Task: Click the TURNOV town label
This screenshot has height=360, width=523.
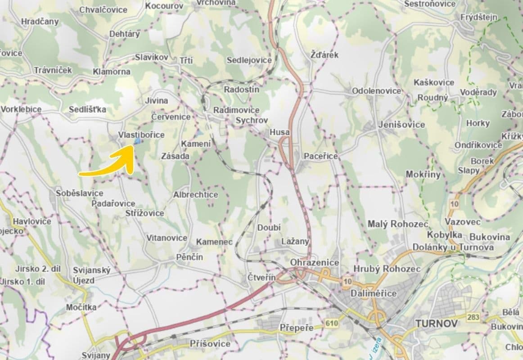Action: (x=436, y=323)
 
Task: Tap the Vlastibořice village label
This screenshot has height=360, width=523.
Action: (x=141, y=135)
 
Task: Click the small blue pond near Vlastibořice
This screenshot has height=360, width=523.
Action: (x=137, y=141)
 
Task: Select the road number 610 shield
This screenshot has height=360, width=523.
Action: (x=331, y=323)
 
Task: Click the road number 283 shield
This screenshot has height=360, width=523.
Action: (x=473, y=318)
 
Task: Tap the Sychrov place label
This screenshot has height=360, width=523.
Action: (x=252, y=121)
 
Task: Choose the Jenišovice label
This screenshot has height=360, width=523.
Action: (x=401, y=125)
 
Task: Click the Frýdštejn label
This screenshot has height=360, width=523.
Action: (x=479, y=17)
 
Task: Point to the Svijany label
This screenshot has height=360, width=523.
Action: (x=96, y=355)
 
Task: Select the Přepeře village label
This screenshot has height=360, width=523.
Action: (x=296, y=328)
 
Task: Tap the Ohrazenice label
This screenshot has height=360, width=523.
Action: (x=315, y=262)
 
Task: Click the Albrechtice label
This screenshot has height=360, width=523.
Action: (x=195, y=195)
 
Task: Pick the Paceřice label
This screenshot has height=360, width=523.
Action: (x=320, y=156)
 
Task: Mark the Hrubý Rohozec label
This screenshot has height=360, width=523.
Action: (x=387, y=269)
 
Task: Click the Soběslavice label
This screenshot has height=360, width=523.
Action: (x=80, y=193)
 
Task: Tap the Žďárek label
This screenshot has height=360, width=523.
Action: (x=325, y=55)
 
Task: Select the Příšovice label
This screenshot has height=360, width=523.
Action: (x=210, y=344)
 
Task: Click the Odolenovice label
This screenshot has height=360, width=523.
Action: (x=376, y=90)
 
